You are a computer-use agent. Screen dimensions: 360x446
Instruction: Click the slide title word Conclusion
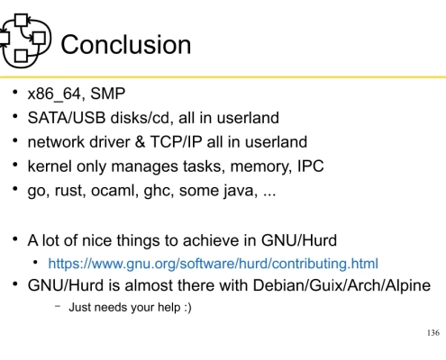125,45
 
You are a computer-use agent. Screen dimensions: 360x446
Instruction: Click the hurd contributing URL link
212,264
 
